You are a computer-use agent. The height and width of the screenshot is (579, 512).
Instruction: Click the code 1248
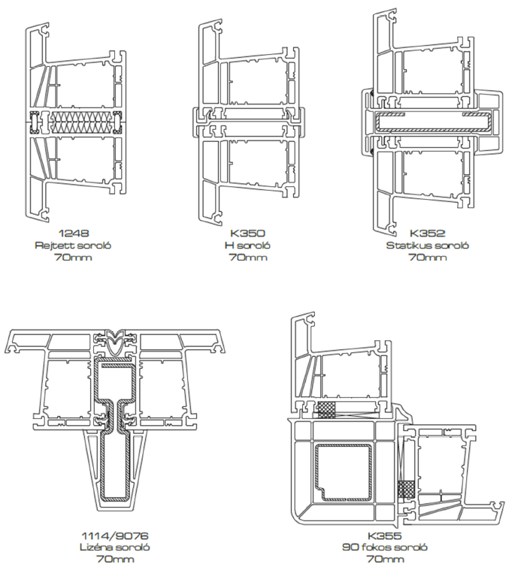tap(73, 232)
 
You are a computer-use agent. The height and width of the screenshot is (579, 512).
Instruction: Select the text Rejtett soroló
tap(73, 245)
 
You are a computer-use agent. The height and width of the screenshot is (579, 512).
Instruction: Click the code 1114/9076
tap(115, 535)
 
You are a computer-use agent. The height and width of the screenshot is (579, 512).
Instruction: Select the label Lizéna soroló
tap(115, 547)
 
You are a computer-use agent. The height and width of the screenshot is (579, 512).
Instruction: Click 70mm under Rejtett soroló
tap(73, 258)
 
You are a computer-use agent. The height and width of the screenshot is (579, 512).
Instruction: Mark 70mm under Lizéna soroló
tap(115, 559)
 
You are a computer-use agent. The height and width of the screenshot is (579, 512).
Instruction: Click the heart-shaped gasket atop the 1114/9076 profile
tap(115, 342)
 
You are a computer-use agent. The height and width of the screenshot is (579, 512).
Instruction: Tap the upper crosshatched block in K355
tap(328, 410)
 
